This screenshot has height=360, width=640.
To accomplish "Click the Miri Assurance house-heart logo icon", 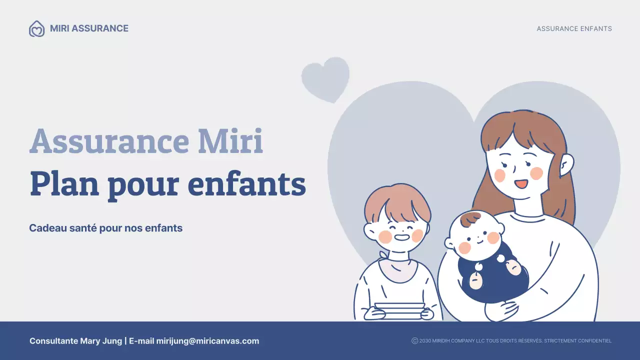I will (36, 29).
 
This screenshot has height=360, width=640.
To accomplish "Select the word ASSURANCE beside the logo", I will (100, 28).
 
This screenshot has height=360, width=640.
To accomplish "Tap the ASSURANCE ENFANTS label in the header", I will (574, 29).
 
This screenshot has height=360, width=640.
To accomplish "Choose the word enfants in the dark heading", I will (246, 184).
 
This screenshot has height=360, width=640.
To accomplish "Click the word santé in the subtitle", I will (79, 228).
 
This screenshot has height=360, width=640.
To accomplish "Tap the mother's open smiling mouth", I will (521, 183).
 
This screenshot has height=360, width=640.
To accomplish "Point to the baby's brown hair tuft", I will (470, 218).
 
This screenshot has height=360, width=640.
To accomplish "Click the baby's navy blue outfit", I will (492, 280).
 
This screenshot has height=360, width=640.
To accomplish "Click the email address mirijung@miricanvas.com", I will (207, 341).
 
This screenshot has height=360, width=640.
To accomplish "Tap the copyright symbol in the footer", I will (414, 341).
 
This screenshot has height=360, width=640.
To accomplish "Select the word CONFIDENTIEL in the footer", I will (594, 341).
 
